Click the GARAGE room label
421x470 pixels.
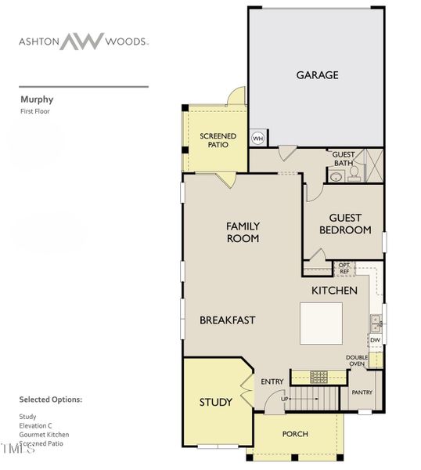tap(317, 75)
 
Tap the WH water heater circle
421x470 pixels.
tap(257, 139)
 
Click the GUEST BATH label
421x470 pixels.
tap(344, 158)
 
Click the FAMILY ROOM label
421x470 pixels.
tap(243, 232)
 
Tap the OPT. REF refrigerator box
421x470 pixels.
tap(344, 268)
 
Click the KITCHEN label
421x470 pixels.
tap(334, 291)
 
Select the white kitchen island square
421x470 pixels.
tap(322, 322)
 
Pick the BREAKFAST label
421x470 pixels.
tap(227, 320)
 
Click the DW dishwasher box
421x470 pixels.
tap(375, 340)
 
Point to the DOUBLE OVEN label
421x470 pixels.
tap(357, 360)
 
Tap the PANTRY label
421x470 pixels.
tap(362, 392)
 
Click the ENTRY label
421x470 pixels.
tap(272, 381)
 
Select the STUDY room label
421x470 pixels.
tap(215, 403)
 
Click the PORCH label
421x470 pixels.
tap(295, 434)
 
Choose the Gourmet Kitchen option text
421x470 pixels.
tap(44, 434)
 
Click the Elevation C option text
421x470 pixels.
tap(37, 425)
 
